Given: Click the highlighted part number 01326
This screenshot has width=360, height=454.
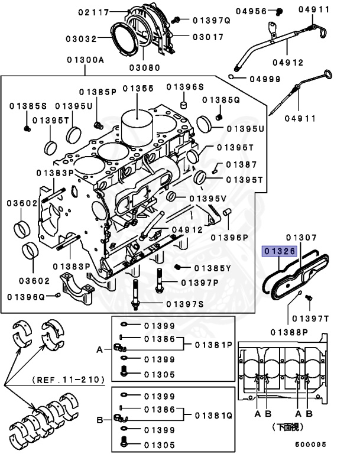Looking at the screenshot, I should click(x=280, y=251).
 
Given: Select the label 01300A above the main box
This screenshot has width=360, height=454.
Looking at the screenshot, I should click(x=85, y=60).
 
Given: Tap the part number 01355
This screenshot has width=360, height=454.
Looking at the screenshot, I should click(x=138, y=89).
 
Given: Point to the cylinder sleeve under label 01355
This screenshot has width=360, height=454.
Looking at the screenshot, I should click(x=137, y=125).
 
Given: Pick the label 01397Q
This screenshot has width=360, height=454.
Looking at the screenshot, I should click(x=210, y=20).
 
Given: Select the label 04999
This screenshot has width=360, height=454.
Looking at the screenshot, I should click(x=264, y=78).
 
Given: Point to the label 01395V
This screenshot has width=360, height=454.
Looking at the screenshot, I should click(x=208, y=197).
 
